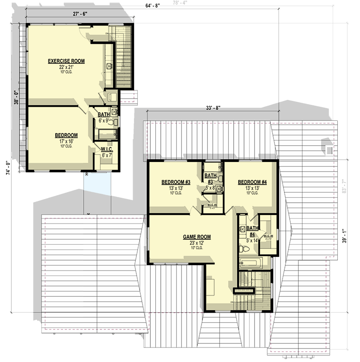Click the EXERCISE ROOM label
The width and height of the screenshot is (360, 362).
(x=67, y=61)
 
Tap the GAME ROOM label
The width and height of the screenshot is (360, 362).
(x=197, y=236)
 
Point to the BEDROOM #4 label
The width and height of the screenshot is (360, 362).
(x=252, y=182)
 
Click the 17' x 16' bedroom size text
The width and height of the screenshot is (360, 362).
(x=66, y=141)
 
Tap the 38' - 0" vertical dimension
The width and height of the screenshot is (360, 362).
(x=16, y=98)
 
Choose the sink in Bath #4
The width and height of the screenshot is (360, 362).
(x=242, y=230)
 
